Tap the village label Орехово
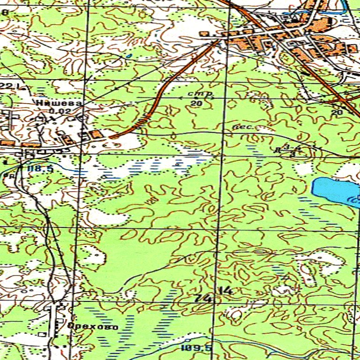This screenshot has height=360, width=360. tap(92, 327)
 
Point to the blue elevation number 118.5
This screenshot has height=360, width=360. tap(40, 168)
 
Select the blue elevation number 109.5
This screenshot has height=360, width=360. tap(196, 348)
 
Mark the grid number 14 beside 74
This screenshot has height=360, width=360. tap(226, 291)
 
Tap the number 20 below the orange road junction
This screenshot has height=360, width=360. tap(337, 112)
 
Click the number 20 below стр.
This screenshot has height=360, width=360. tap(196, 103)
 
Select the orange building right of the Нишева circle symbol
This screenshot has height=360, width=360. tap(96, 135)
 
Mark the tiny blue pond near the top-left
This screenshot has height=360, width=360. tap(128, 56)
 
